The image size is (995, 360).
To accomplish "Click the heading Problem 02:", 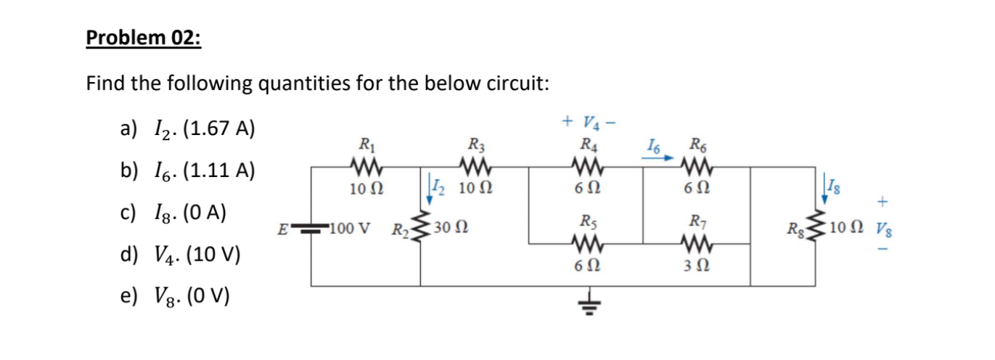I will tap(143, 38).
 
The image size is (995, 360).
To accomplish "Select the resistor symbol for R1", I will tap(362, 168).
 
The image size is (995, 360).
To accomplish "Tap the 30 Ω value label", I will tap(451, 230).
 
